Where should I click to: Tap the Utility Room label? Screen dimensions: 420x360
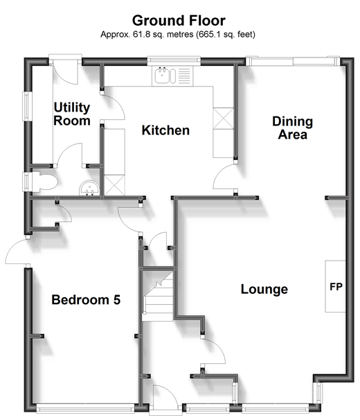[72, 114]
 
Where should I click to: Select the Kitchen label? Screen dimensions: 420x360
[165, 130]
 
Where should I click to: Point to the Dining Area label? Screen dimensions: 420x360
[292, 128]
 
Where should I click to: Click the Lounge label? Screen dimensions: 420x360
[264, 289]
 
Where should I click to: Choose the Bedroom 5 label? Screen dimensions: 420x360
[87, 300]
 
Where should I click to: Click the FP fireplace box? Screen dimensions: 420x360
[335, 286]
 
